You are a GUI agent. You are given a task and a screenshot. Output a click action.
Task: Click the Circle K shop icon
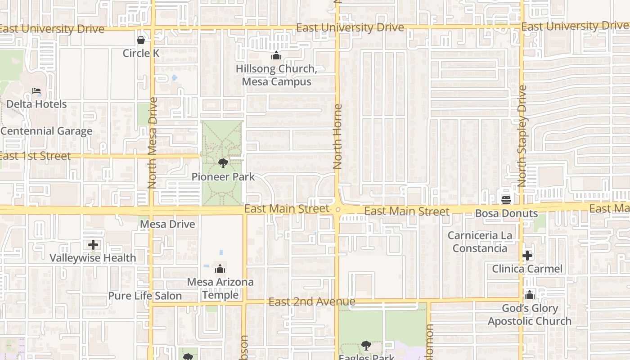pos(141,40)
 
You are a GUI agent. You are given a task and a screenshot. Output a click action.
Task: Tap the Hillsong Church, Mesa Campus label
pos(276,75)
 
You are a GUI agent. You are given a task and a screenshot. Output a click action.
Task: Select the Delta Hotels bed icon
pos(36,91)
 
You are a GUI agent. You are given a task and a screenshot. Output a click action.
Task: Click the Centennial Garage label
pos(46,131)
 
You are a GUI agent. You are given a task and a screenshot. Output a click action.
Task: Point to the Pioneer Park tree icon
pos(223,163)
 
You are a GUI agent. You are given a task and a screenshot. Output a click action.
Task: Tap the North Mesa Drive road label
pos(152,143)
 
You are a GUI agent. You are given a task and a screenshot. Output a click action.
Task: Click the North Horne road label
pos(337,137)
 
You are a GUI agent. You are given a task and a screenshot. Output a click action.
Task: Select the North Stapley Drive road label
pos(522,136)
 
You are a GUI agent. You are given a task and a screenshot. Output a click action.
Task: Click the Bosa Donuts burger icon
pos(506,199)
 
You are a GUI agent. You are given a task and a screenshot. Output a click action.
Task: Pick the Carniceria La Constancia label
pos(480,242)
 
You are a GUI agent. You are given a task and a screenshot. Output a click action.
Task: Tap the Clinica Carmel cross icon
pos(527,256)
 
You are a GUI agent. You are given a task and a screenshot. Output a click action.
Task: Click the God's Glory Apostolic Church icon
pos(530,295)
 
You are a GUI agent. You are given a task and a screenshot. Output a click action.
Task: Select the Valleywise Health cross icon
pos(93,245)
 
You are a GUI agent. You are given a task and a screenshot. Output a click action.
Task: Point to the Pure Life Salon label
pos(145,296)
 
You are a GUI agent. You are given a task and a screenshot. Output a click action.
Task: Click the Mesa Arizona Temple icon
pos(220,269)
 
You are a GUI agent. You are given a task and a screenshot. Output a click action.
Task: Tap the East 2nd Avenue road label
pos(312,302)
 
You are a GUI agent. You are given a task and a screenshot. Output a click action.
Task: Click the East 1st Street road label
pos(35,156)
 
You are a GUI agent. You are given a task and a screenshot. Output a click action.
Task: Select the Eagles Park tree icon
pos(366,346)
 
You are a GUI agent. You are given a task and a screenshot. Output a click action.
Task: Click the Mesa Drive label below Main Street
pos(168,224)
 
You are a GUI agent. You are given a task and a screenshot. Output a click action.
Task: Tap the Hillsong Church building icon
pos(276,56)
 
